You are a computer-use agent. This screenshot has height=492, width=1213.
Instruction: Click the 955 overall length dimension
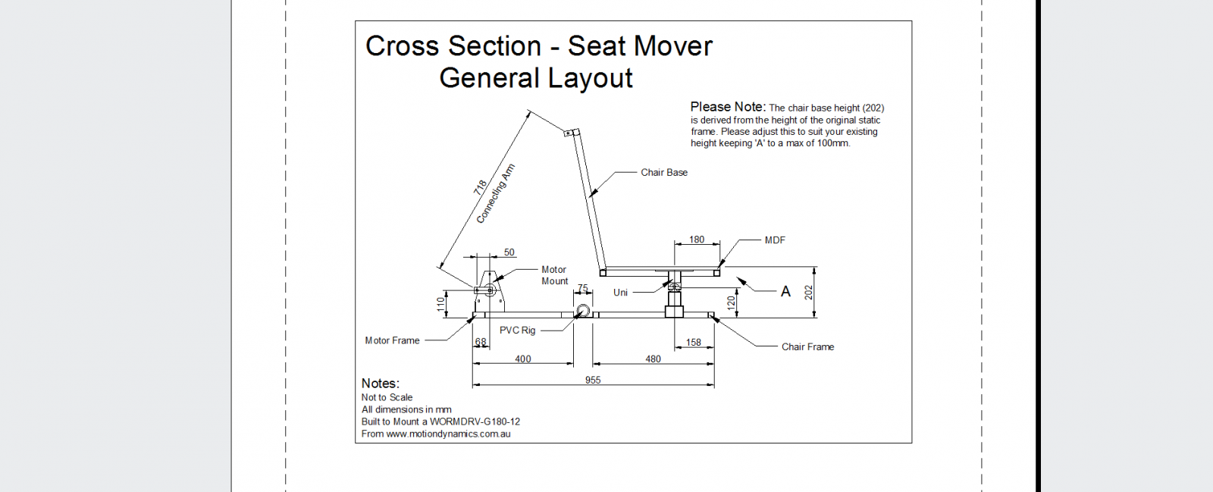593,380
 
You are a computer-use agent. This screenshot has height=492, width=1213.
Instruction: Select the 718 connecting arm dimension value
480,187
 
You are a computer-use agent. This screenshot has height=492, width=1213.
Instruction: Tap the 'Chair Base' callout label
664,173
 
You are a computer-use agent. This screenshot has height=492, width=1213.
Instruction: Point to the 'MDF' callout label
775,240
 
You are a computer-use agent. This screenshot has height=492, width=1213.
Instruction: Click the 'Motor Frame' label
392,341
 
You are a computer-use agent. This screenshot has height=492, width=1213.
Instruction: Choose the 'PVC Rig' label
517,331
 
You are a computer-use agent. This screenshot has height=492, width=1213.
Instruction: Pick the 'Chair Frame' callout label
807,347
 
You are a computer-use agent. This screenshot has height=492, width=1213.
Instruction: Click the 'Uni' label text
620,293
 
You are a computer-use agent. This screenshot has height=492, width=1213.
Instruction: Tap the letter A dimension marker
785,292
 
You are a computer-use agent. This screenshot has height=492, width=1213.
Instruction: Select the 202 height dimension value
809,292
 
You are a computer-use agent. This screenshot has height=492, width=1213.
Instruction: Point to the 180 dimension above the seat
697,240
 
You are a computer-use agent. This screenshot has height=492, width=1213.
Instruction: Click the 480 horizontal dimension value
653,359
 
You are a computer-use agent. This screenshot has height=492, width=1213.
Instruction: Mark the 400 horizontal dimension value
523,359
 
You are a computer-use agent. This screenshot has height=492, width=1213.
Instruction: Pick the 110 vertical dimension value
440,304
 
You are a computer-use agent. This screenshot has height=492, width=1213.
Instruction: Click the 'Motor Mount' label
554,275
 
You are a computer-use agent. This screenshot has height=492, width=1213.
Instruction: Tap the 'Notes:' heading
380,384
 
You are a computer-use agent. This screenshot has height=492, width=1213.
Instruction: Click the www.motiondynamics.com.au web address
448,434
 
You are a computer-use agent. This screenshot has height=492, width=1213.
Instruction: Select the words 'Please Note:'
728,107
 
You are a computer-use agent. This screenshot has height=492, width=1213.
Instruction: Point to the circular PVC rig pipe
582,311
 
